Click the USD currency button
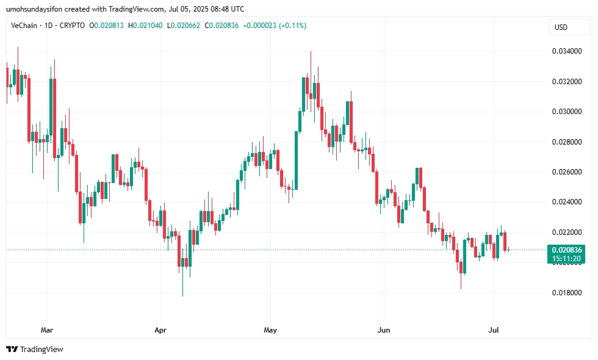[x=560, y=27]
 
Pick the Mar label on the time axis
[x=46, y=330]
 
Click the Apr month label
[x=160, y=330]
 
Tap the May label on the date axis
[x=270, y=330]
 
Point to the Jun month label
[x=384, y=330]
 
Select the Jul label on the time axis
[x=495, y=330]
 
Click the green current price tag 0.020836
[x=567, y=250]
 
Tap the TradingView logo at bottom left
[x=35, y=350]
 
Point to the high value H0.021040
[x=146, y=26]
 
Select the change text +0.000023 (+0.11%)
[x=275, y=26]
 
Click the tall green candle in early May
[x=297, y=160]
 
